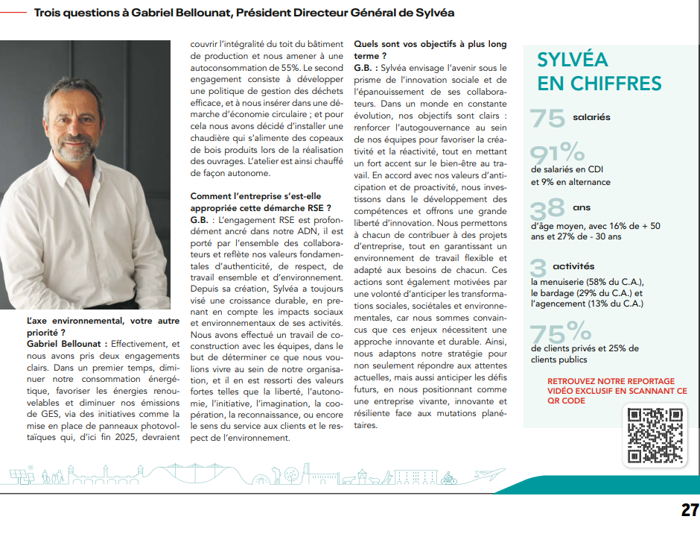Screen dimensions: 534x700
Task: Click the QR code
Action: pos(655,436)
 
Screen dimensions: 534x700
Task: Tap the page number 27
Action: pos(690,510)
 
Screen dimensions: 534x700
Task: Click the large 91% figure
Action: pos(557,154)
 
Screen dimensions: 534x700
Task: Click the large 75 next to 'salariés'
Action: pos(547,119)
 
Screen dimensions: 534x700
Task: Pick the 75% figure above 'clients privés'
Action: pos(560,331)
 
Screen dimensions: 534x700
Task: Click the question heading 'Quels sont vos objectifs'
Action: pos(430,44)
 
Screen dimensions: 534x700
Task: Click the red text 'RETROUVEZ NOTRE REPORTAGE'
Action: pos(611,381)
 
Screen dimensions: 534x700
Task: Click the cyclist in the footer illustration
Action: pos(448,479)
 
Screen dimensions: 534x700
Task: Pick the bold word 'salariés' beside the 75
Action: pos(591,117)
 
